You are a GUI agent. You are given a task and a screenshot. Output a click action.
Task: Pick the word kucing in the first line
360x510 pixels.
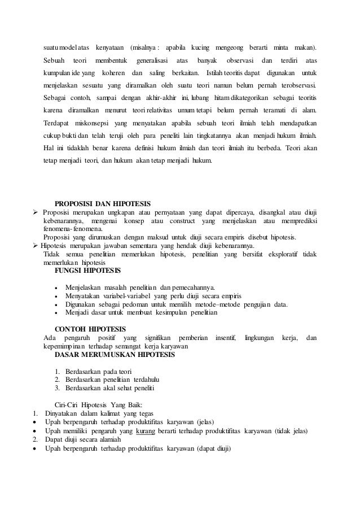click(200, 46)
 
